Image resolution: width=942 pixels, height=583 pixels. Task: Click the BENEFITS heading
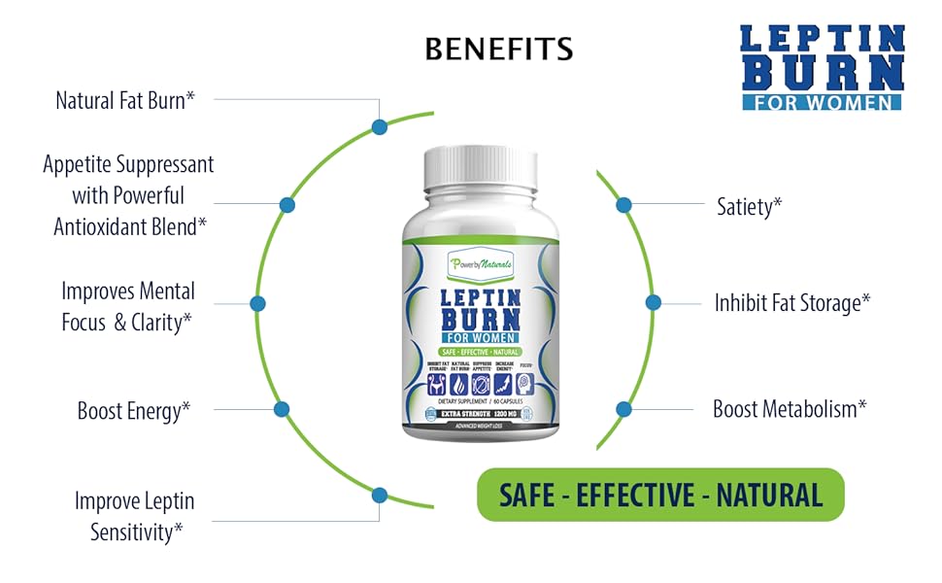tap(498, 48)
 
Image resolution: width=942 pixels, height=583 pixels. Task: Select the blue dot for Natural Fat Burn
tap(380, 126)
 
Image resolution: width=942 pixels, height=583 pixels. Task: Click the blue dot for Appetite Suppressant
tap(286, 205)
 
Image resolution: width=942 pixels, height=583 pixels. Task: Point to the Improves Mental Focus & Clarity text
tap(127, 306)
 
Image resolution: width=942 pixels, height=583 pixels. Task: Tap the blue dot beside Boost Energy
tap(282, 409)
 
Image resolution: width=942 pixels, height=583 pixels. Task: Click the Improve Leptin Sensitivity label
tap(134, 516)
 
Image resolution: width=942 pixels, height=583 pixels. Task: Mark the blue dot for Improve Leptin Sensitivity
tap(380, 496)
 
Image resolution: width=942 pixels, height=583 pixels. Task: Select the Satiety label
tap(750, 206)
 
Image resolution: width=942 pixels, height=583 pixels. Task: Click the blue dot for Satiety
tap(624, 205)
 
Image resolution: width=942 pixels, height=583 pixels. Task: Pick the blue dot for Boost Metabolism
tap(623, 409)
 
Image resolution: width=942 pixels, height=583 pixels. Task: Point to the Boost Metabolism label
tap(790, 409)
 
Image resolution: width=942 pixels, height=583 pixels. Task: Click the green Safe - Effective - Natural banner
tap(660, 496)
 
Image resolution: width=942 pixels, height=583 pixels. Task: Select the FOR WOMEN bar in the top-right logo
tap(822, 101)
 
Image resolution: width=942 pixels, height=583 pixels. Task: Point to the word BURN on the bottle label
tap(482, 320)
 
